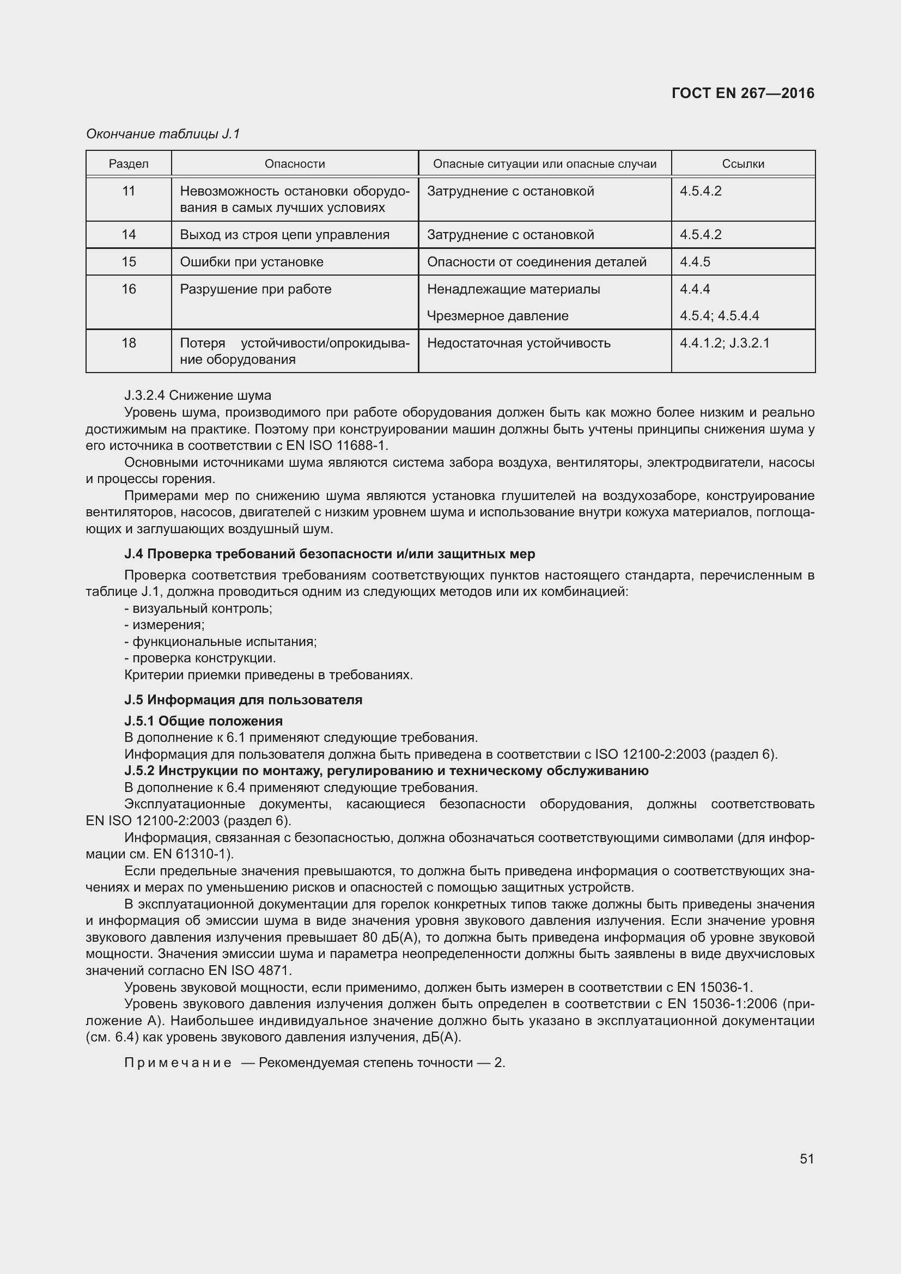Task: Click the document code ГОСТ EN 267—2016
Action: coord(742,93)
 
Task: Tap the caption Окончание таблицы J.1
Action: coord(162,134)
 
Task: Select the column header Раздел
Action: coord(128,164)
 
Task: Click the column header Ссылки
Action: coord(743,164)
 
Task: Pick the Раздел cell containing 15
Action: coord(128,261)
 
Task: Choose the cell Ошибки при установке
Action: coord(251,261)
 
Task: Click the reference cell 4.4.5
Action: coord(695,261)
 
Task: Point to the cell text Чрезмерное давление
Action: coord(497,316)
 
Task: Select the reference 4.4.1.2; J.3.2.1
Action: coord(724,343)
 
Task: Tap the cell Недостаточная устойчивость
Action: coord(518,343)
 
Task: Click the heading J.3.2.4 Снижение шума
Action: coord(198,395)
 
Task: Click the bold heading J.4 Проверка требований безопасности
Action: coord(330,554)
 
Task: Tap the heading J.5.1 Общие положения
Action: coord(203,721)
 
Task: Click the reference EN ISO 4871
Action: coord(249,971)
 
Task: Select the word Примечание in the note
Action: coord(178,1063)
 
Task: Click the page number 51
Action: coord(807,1159)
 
